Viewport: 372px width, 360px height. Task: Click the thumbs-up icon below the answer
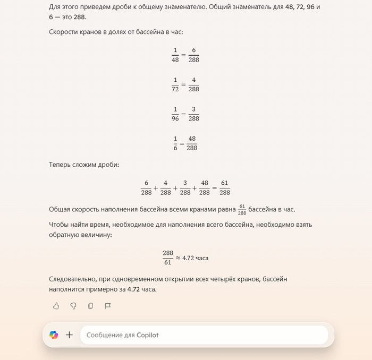(56, 306)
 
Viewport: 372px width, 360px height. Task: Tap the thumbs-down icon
(73, 306)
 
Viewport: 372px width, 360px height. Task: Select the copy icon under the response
(90, 306)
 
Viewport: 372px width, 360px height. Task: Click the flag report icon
(107, 306)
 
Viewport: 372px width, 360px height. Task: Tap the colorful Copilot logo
(54, 335)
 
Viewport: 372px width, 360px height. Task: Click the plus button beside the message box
(69, 335)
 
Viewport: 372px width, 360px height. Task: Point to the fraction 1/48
(175, 55)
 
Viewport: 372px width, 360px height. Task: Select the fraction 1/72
(175, 84)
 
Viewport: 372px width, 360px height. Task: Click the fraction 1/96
(175, 114)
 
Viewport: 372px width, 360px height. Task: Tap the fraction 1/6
(175, 143)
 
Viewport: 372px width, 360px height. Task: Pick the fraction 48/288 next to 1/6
(192, 143)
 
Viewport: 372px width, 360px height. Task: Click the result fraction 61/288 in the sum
(225, 188)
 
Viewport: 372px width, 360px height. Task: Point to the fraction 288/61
(168, 258)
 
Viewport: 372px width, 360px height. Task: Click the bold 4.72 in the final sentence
(135, 289)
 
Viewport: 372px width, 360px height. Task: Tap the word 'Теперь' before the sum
(61, 165)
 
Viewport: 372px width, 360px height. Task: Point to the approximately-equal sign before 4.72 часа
(178, 258)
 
